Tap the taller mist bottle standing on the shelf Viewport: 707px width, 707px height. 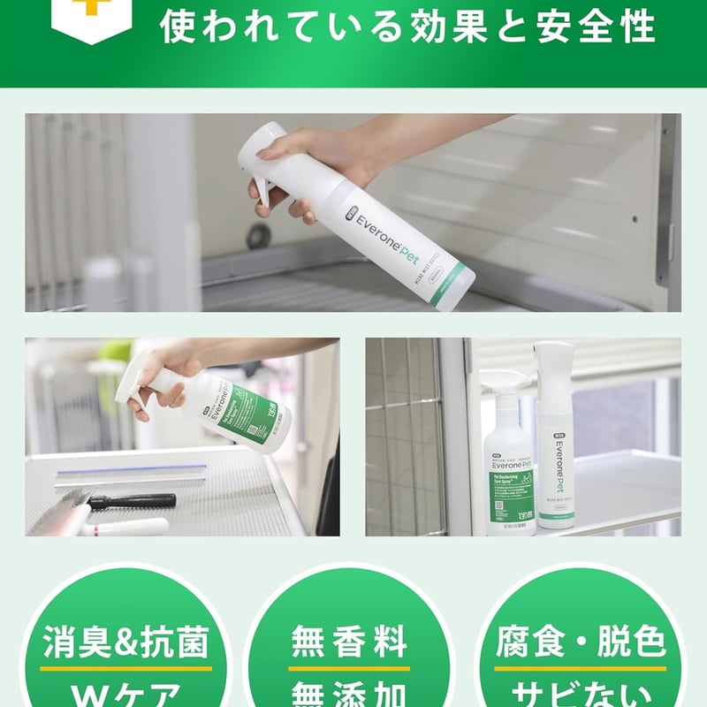pyautogui.click(x=556, y=437)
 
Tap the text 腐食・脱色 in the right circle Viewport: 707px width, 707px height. pyautogui.click(x=580, y=643)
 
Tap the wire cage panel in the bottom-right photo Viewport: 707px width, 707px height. pyautogui.click(x=403, y=433)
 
